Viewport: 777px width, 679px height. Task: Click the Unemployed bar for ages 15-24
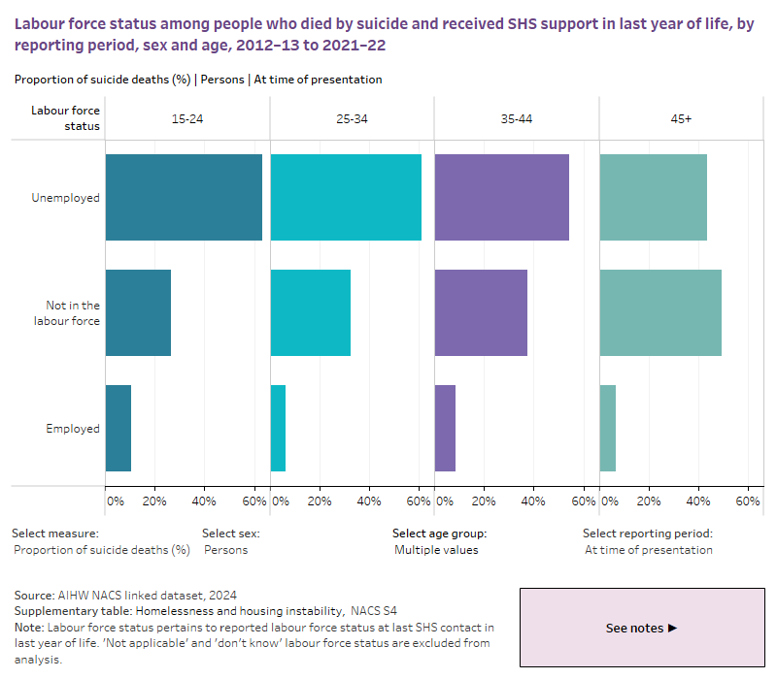pos(184,197)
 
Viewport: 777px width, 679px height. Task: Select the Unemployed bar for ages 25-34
pos(346,197)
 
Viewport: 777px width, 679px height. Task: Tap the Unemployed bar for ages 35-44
pos(501,197)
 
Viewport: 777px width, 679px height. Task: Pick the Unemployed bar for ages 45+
pos(653,197)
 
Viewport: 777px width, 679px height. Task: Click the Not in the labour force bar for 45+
pos(660,312)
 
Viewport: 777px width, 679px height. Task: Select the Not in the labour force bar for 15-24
pos(138,312)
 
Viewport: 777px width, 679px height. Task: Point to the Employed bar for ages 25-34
pos(278,428)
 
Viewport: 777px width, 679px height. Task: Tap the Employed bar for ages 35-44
pos(445,428)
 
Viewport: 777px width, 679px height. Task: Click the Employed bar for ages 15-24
pos(118,428)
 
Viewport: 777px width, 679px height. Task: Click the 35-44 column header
pos(517,118)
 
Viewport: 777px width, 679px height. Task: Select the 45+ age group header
pos(681,118)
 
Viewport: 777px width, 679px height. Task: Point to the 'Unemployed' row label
pos(65,198)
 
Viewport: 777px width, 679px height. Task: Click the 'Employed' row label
pos(73,429)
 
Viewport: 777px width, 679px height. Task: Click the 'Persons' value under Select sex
pos(225,550)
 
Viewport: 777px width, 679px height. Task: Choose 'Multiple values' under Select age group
pos(436,550)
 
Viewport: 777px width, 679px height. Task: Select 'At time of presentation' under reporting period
pos(648,550)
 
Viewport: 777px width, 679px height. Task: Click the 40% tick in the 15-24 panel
pos(204,501)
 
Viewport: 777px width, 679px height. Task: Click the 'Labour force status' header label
pos(65,118)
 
